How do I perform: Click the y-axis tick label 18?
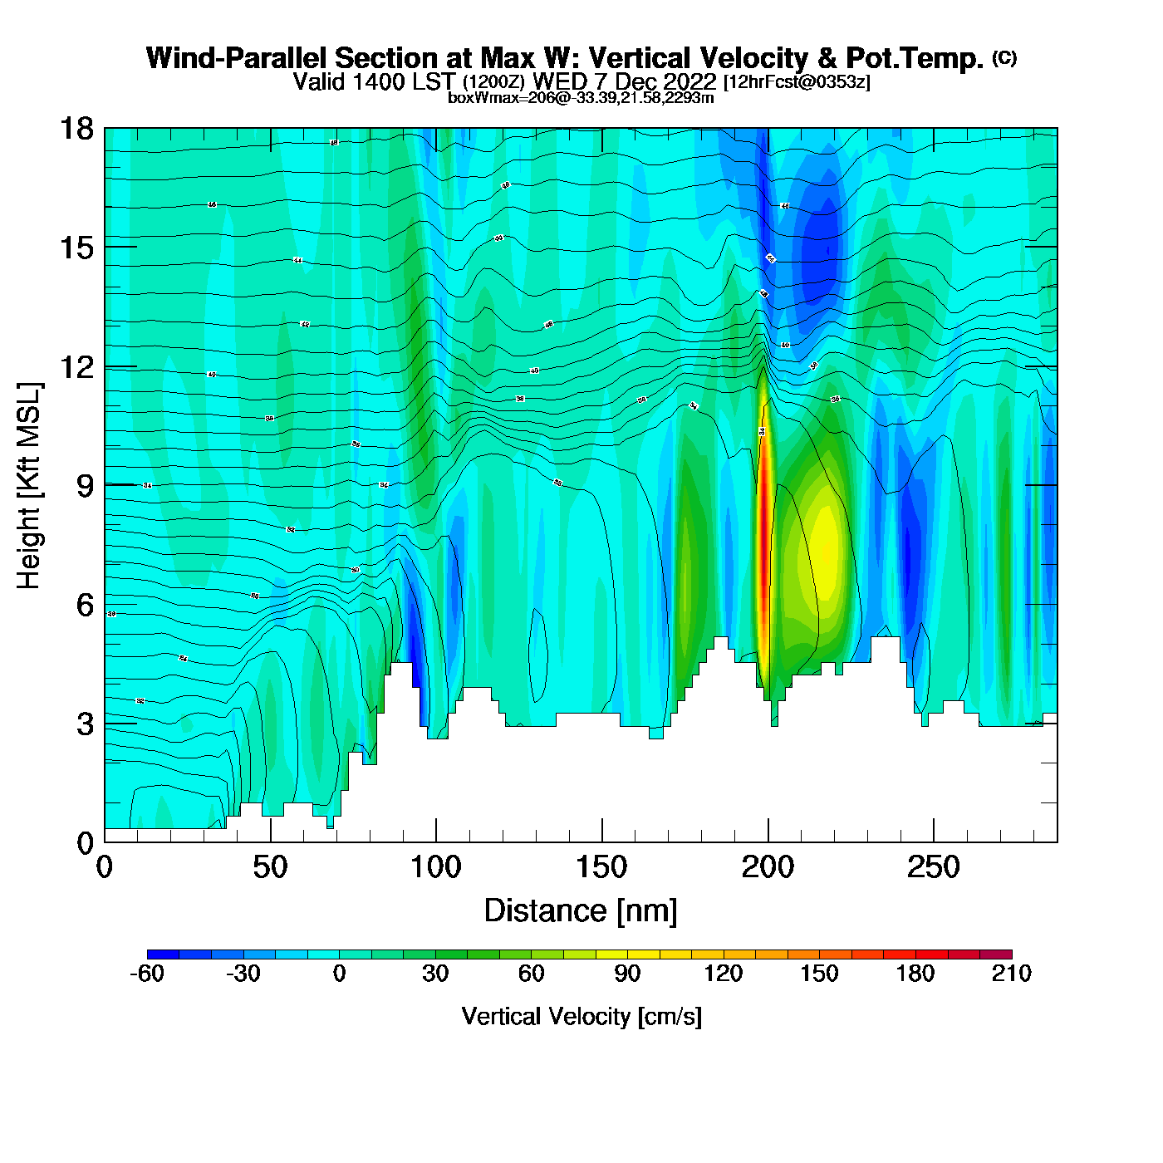[76, 129]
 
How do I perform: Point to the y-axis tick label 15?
[76, 248]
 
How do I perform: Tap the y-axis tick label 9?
[85, 486]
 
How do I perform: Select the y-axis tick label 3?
[85, 724]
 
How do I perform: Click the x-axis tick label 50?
[270, 868]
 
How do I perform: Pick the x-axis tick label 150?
[601, 868]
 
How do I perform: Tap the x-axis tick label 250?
[934, 868]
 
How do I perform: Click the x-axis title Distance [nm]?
[581, 911]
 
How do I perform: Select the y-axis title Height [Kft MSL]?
[29, 486]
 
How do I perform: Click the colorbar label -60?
[147, 974]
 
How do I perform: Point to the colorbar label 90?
[627, 974]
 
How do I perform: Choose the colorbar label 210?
[1011, 974]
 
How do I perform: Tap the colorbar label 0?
[339, 974]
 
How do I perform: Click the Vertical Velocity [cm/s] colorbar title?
[581, 1017]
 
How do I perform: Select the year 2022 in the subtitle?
[689, 81]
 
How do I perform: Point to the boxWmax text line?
[581, 98]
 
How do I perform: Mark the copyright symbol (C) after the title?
[1004, 57]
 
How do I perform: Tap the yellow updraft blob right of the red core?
[826, 548]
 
